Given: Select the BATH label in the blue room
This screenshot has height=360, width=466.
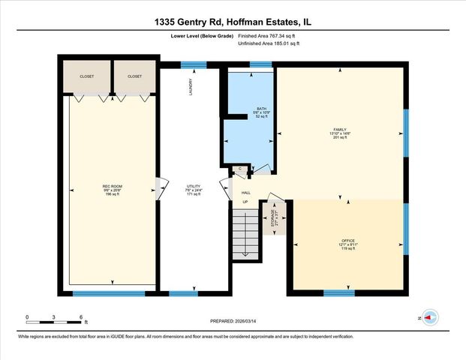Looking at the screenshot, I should point(261,109).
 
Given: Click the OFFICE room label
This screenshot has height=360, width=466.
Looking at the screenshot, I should point(347,241).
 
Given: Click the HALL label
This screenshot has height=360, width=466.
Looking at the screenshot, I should point(245,193).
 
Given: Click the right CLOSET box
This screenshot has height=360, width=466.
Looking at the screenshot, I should point(135,76).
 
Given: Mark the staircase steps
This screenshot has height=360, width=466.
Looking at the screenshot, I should point(243,234).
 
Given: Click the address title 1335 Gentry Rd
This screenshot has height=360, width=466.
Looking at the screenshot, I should point(233,22).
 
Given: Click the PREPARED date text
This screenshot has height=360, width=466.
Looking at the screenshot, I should point(233,320).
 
